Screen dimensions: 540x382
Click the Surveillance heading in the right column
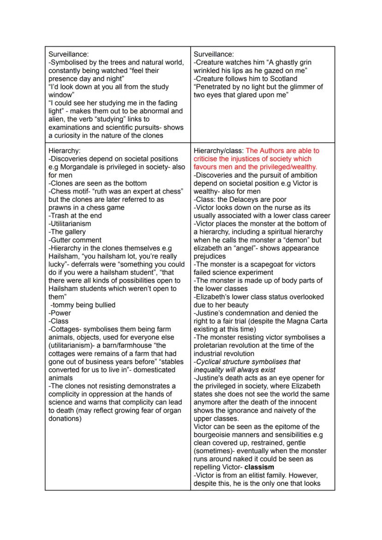(x=214, y=55)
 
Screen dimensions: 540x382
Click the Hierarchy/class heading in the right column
(x=218, y=151)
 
